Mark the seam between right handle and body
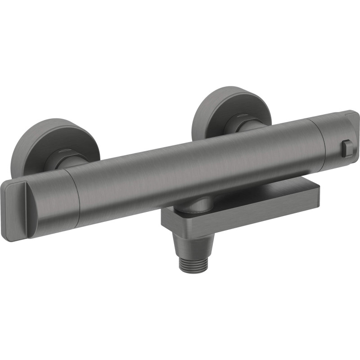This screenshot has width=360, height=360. [x=321, y=139]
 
